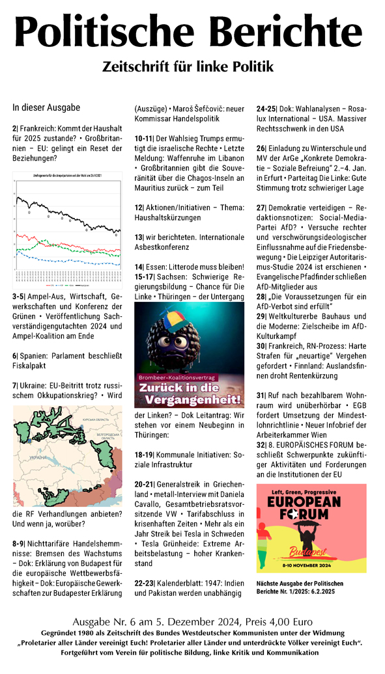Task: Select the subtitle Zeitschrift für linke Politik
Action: tap(192, 66)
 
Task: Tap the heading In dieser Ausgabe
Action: tap(46, 107)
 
